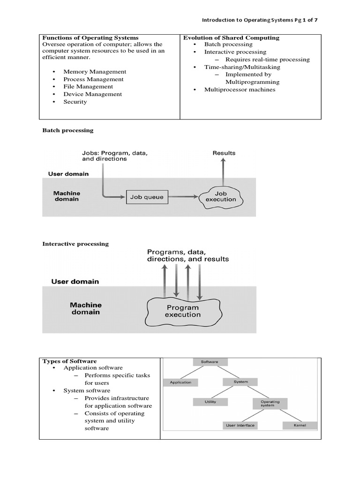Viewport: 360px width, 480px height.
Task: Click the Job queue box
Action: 147,197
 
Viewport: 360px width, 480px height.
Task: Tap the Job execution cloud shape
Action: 221,196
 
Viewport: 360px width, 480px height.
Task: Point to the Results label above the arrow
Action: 224,153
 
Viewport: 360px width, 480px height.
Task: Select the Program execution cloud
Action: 182,311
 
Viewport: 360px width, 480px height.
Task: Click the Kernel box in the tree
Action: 300,426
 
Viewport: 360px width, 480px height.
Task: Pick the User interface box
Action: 240,426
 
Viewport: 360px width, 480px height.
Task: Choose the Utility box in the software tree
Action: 210,402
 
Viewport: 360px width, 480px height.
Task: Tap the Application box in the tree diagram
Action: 180,382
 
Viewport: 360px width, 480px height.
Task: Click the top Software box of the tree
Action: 210,362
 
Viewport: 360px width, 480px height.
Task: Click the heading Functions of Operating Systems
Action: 90,37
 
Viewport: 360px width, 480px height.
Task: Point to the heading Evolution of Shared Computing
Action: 231,37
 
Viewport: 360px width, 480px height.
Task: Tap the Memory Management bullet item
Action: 95,72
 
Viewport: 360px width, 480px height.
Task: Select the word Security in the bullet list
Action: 75,102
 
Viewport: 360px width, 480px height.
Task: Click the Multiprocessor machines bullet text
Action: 240,90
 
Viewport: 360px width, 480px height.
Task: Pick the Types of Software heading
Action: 69,361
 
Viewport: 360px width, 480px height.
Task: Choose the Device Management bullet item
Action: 92,94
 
